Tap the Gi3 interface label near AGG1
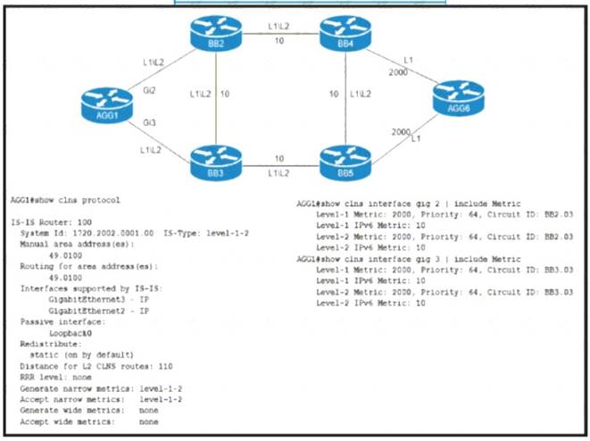click(148, 120)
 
